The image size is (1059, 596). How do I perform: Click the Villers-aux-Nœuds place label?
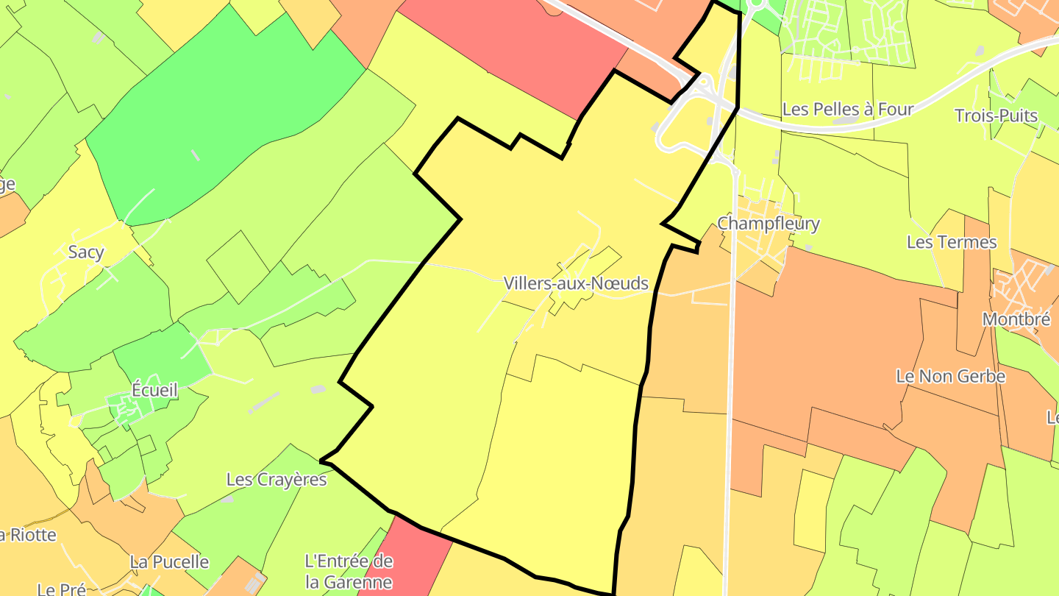(x=576, y=283)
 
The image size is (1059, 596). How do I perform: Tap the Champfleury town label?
(x=768, y=223)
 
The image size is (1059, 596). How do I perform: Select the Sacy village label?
(x=86, y=252)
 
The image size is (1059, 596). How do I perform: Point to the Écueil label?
(x=154, y=390)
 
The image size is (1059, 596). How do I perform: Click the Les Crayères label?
(x=276, y=480)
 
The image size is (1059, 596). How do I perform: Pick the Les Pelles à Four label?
(x=847, y=110)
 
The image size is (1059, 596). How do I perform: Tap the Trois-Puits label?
(x=996, y=116)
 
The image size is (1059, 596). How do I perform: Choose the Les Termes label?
(x=952, y=242)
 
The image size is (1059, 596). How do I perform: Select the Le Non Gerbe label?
(x=950, y=376)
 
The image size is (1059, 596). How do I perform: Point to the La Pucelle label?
(x=169, y=562)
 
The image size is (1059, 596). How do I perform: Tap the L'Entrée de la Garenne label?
(x=349, y=572)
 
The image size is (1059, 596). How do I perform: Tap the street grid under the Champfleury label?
(x=761, y=246)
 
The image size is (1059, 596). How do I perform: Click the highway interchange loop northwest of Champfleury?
(x=680, y=125)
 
